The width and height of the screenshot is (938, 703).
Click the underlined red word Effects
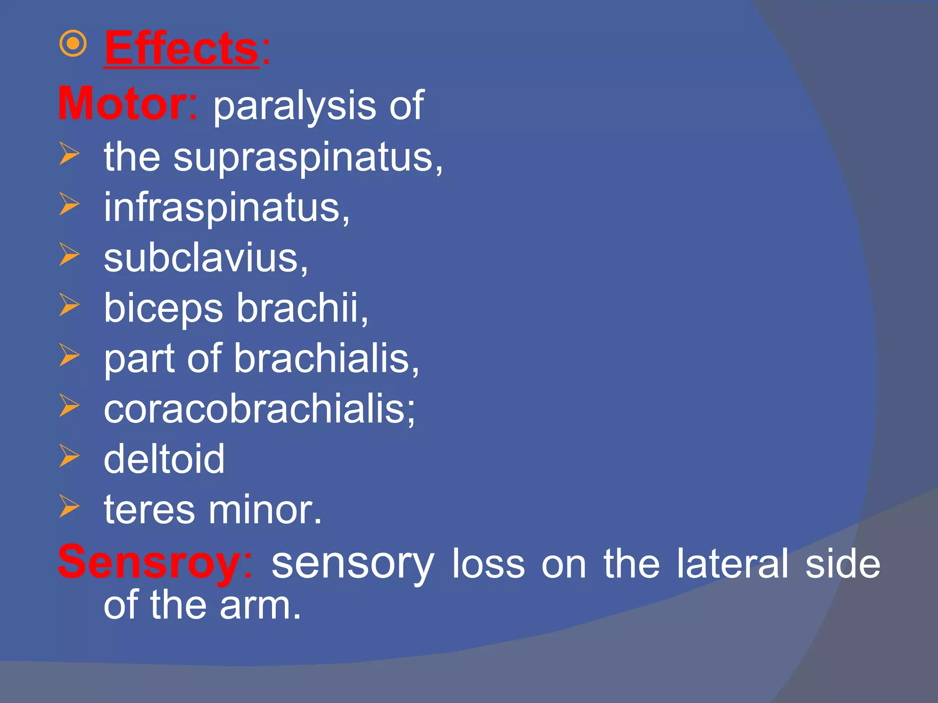(x=181, y=49)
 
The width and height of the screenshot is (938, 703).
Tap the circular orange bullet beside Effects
(x=73, y=44)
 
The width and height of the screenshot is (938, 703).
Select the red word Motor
(x=122, y=104)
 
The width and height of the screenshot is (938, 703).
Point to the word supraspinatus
(x=304, y=158)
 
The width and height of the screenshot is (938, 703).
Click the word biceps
(x=163, y=309)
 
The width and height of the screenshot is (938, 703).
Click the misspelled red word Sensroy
(x=149, y=563)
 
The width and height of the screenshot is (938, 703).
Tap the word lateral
(x=732, y=564)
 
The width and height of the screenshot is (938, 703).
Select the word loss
(x=488, y=564)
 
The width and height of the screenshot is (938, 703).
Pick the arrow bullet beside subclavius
(x=69, y=254)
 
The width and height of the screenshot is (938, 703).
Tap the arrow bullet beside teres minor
(x=69, y=507)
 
